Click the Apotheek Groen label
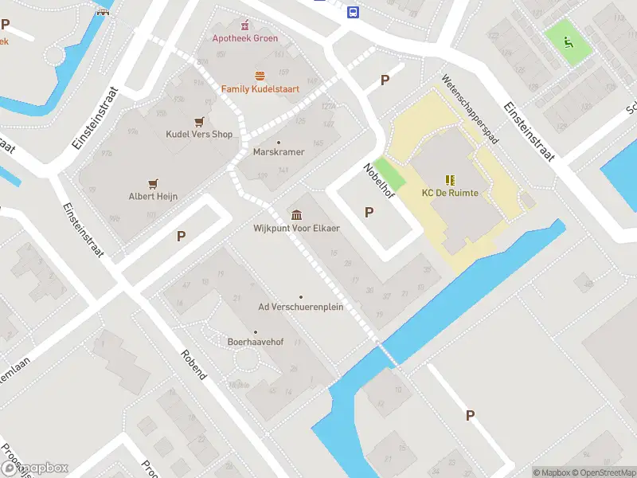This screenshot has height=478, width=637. tap(244, 38)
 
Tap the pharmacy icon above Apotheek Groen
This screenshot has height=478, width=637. tap(244, 24)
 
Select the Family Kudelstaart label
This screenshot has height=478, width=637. tap(260, 89)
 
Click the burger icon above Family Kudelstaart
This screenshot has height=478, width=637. tap(260, 76)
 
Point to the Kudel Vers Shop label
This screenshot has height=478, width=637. tap(199, 134)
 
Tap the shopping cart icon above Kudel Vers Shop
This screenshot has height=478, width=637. tap(198, 121)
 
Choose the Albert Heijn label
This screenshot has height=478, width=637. tap(153, 196)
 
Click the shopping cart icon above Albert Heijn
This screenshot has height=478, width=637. tap(153, 182)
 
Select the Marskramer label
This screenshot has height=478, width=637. tap(278, 151)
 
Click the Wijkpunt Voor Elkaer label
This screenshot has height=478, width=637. tap(296, 229)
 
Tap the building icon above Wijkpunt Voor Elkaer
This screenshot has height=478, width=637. tap(296, 215)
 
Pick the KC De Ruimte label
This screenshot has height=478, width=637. tap(450, 193)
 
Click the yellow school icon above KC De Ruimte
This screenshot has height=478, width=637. tap(449, 179)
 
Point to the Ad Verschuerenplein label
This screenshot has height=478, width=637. tap(301, 307)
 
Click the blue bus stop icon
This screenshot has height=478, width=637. tap(353, 12)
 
